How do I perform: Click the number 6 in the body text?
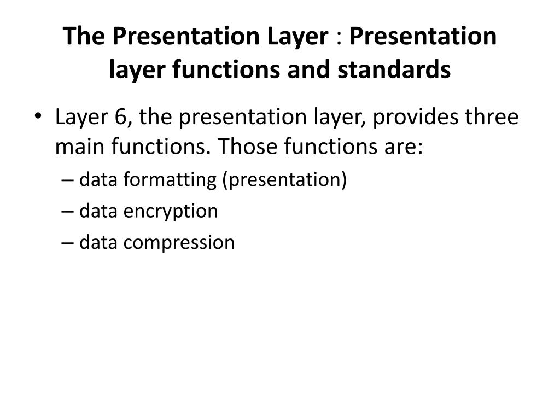pos(121,117)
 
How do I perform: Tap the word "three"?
pos(491,117)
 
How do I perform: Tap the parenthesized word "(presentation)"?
pos(284,180)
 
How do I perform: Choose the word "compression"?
pos(179,243)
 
